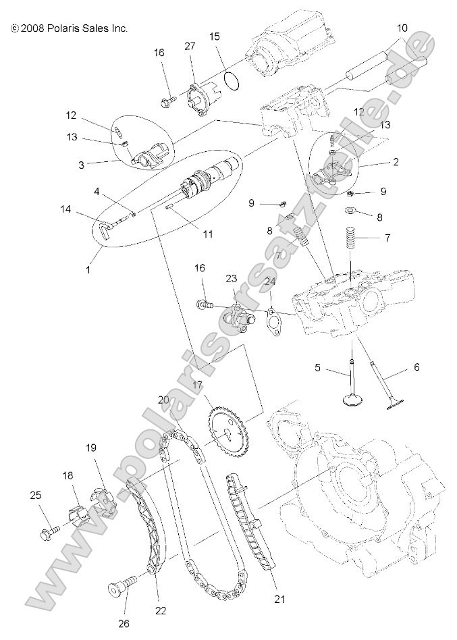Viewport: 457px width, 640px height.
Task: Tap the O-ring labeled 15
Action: coord(231,80)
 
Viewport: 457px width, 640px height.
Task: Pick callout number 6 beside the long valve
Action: coord(416,367)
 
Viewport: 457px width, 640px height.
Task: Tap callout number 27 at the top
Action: coord(190,46)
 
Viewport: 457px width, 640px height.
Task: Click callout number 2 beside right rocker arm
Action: coord(396,162)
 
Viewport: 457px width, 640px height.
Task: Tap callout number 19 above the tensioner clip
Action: coord(91,448)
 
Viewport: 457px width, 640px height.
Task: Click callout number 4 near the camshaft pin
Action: coord(97,192)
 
